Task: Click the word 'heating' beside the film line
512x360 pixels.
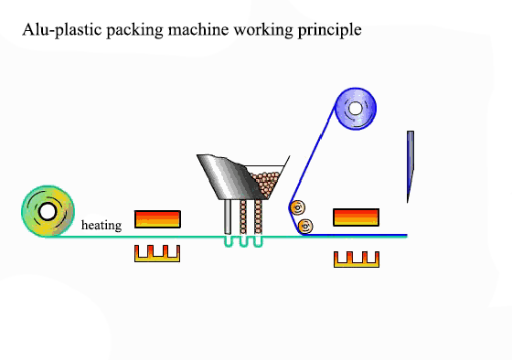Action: click(101, 225)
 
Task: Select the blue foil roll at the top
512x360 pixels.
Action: click(358, 110)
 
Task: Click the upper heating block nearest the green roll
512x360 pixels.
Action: click(157, 218)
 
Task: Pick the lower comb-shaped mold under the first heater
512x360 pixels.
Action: click(157, 253)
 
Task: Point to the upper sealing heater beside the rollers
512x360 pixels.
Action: click(356, 217)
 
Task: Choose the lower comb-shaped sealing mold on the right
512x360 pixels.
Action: click(356, 259)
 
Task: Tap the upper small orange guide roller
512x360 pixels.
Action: click(297, 207)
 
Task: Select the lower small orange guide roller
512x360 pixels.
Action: click(305, 225)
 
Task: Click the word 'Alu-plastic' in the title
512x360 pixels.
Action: click(57, 29)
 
